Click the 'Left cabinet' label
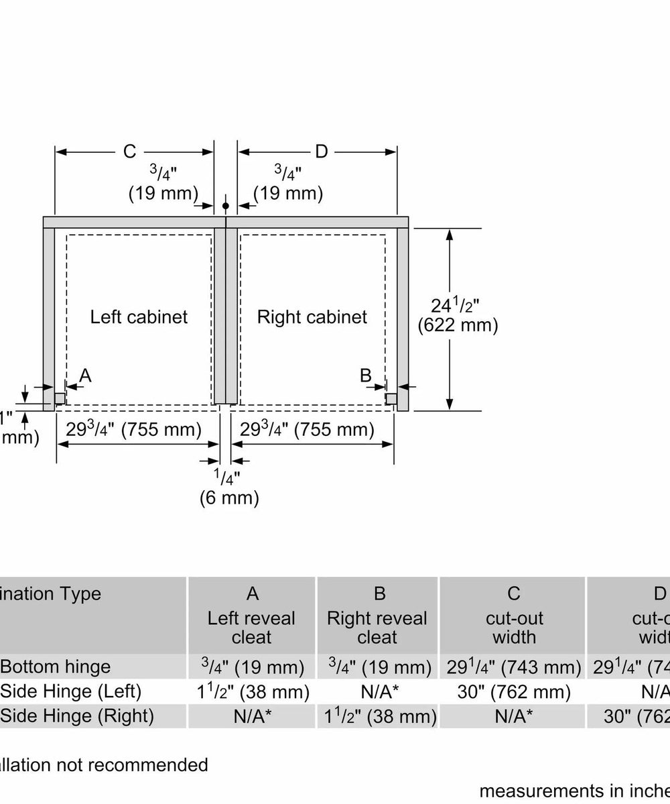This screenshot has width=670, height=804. point(139,317)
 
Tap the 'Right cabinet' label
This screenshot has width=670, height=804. point(312,317)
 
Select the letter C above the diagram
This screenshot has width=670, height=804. point(129,152)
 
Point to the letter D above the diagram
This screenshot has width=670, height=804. point(321,152)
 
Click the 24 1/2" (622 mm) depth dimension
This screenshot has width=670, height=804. point(458,316)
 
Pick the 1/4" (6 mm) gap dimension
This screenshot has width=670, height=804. point(226,487)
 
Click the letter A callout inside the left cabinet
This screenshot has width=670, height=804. point(85,376)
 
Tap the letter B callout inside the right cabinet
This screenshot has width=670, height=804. point(366,376)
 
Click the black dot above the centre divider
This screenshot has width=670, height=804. point(226,205)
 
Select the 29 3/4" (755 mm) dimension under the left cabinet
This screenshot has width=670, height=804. point(134,429)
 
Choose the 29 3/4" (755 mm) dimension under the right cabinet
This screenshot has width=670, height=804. point(308,429)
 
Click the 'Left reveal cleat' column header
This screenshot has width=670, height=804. point(252,627)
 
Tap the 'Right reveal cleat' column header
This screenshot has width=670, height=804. point(377,627)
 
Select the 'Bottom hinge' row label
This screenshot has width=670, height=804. point(56,667)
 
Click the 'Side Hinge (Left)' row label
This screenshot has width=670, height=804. point(71,691)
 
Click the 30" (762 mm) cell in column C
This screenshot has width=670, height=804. point(513,691)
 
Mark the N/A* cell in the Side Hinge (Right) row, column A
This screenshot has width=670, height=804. point(252,716)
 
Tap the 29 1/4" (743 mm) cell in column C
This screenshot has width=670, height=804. point(513,667)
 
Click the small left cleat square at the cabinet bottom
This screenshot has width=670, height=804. point(60,398)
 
